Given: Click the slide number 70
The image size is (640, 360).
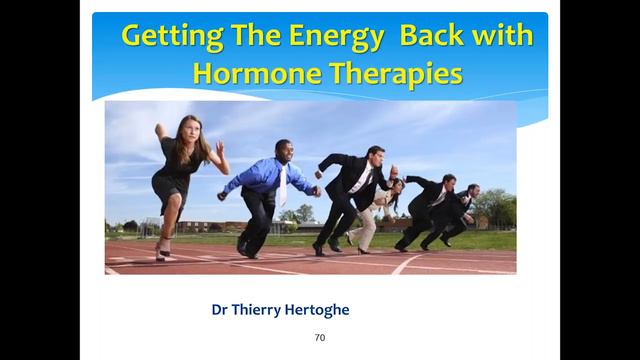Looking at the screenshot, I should [x=319, y=338].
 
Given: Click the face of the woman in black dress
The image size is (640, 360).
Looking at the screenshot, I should [x=190, y=127].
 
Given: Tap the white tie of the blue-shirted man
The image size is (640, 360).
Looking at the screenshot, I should [x=282, y=186].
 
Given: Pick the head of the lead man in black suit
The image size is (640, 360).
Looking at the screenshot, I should [x=373, y=156].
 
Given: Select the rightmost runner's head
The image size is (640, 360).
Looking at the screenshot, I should [x=472, y=190].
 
